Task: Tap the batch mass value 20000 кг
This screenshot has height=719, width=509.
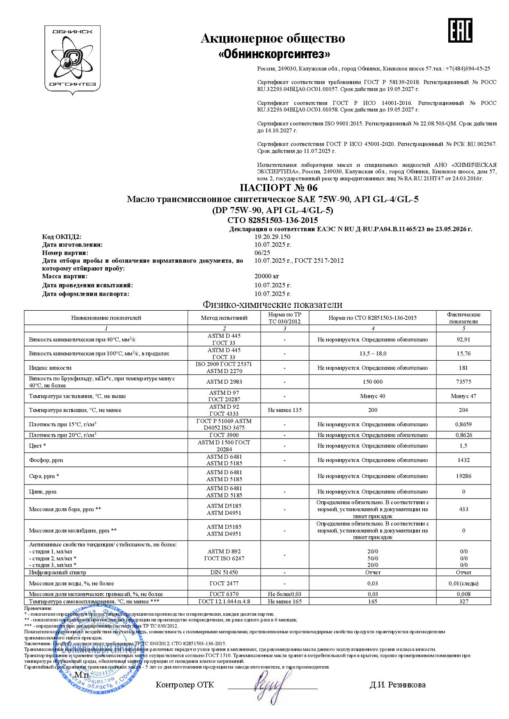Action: click(x=267, y=276)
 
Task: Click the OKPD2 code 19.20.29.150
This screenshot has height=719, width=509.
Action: click(x=273, y=237)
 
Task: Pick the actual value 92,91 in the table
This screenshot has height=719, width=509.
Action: click(x=463, y=339)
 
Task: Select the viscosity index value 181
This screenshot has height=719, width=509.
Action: click(x=463, y=368)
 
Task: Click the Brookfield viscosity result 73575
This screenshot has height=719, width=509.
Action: click(x=463, y=382)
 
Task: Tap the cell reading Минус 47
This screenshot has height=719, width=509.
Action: click(x=463, y=396)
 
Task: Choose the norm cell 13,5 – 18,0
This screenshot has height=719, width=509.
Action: click(x=372, y=353)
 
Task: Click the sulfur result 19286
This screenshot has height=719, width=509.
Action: click(x=463, y=476)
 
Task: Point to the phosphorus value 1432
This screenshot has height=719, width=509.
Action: click(x=463, y=460)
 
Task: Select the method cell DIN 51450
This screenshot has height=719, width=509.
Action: click(x=224, y=572)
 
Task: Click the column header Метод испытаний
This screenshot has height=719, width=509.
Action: click(x=224, y=318)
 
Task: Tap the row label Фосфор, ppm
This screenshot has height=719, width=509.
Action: click(x=46, y=460)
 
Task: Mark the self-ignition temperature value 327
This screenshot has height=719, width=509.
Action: click(x=463, y=601)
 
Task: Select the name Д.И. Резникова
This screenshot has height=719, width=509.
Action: click(x=397, y=685)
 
